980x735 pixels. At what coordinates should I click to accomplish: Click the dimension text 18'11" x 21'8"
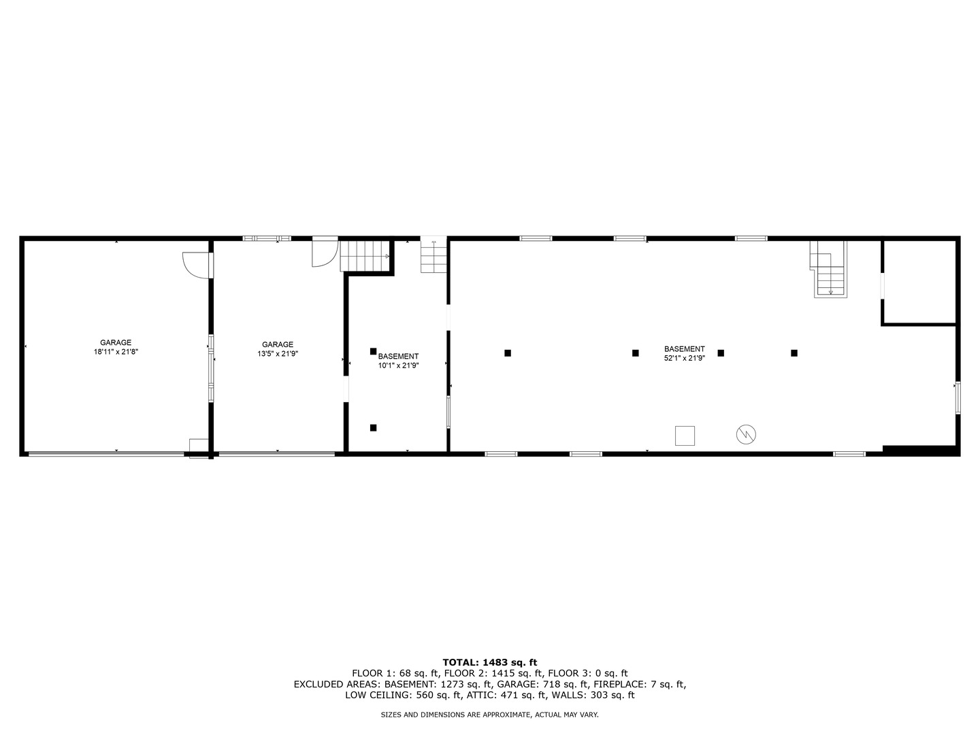[116, 353]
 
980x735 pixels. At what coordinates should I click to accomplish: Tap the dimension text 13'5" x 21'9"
[278, 354]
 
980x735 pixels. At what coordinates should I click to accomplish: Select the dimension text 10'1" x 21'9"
[398, 365]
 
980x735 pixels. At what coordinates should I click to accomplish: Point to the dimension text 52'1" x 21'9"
[684, 358]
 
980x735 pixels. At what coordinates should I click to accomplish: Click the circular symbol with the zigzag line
[747, 434]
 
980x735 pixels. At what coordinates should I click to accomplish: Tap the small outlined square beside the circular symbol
[685, 436]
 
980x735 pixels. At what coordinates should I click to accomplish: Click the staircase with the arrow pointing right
[365, 256]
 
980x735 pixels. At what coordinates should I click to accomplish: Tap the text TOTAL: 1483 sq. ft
[490, 662]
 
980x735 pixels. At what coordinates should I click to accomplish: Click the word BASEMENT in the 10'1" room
[398, 356]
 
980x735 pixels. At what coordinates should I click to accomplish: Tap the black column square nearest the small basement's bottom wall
[373, 427]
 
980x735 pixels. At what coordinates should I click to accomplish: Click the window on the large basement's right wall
[958, 397]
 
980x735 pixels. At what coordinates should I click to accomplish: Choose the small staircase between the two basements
[433, 257]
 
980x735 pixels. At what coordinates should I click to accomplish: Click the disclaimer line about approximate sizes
[490, 715]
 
